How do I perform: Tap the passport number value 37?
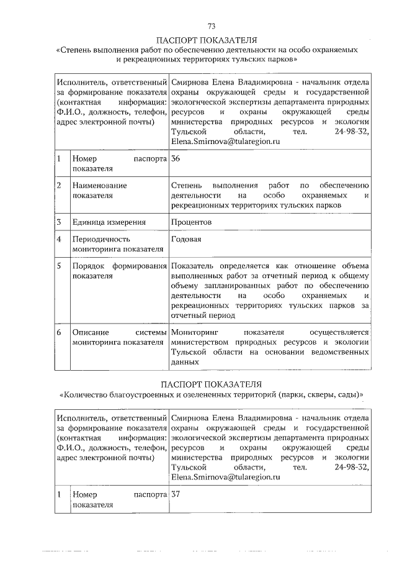point(175,496)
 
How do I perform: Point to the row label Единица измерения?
point(109,222)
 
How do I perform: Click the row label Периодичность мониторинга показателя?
point(117,244)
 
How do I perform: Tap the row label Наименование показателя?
point(100,190)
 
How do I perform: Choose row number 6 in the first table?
point(58,332)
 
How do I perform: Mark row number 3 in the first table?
point(58,222)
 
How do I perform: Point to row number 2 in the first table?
point(58,186)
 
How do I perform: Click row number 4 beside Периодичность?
point(58,239)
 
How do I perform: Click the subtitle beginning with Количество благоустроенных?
point(211,394)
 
